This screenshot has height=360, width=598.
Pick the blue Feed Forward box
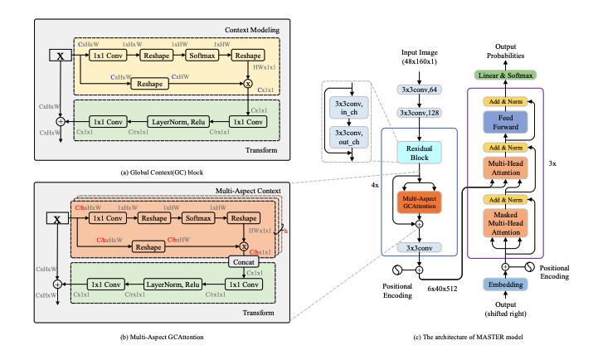506,124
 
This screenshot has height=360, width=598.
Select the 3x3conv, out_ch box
353,135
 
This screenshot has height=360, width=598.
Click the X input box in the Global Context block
60,56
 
